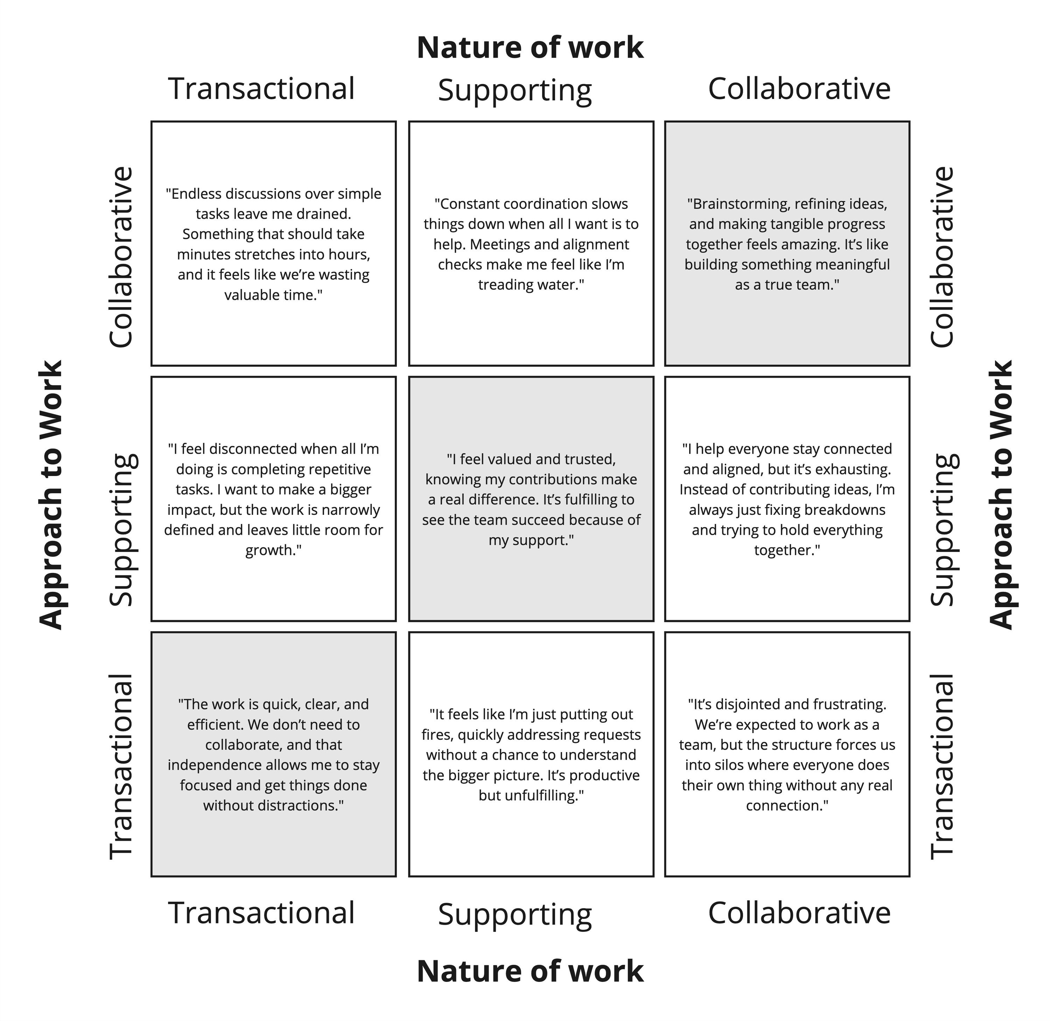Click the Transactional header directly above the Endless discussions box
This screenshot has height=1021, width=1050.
[262, 88]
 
